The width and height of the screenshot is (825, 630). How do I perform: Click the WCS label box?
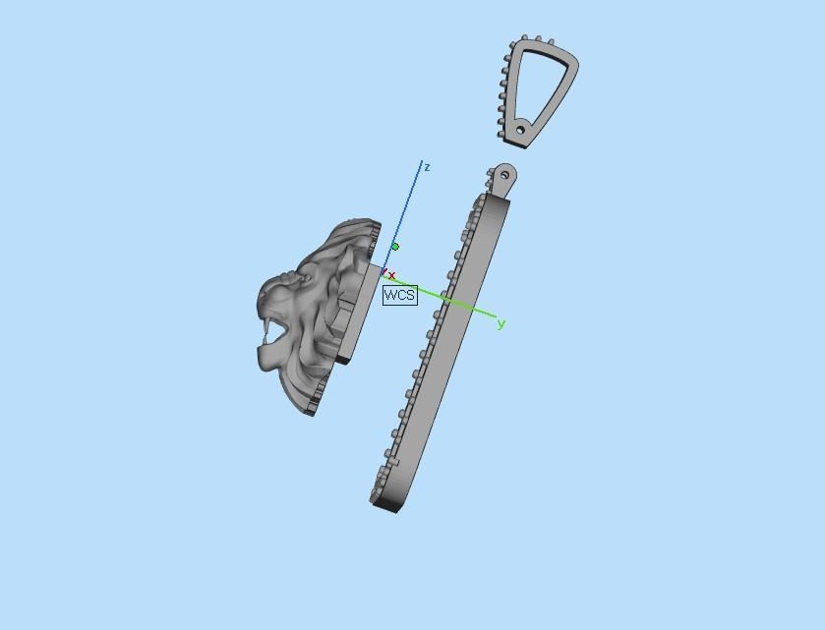point(400,295)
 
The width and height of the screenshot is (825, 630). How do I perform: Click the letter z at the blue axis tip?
point(427,168)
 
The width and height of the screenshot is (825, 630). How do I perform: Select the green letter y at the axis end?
point(501,324)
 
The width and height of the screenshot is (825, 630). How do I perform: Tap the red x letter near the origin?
point(392,276)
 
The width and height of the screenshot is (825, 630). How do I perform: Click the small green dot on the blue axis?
point(395,247)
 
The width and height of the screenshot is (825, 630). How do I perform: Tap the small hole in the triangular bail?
point(521,130)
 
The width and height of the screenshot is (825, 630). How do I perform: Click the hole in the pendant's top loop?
point(505,176)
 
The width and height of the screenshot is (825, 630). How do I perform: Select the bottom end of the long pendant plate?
point(385,503)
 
